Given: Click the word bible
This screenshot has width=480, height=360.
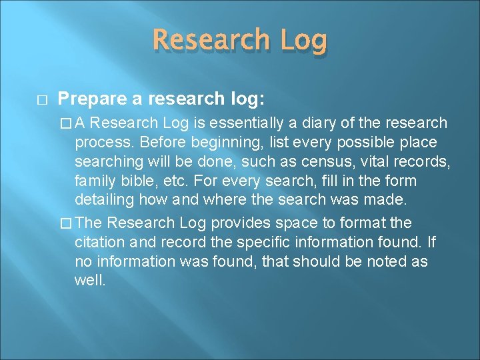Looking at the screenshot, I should tap(133, 181).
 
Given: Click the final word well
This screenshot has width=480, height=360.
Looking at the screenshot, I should tap(90, 281).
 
